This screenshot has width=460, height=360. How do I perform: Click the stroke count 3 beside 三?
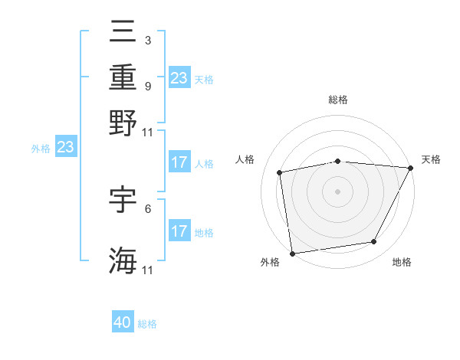coord(147,40)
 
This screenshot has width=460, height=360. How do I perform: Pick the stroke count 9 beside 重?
coord(147,86)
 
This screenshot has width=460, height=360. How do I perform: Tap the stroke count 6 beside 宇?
coord(147,208)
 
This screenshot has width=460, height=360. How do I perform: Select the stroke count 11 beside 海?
coord(147,270)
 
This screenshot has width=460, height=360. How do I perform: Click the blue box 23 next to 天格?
coord(179,77)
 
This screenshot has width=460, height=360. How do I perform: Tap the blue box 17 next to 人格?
coord(179,162)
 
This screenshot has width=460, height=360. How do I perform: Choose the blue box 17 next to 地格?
coord(179,231)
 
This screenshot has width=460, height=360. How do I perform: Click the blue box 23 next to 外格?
coord(65,147)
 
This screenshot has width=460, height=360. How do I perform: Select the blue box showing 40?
coord(123,322)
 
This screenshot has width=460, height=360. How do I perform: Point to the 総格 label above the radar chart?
coord(338,100)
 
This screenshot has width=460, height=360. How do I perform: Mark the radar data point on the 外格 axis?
coord(292,253)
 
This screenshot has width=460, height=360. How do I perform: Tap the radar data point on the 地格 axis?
coord(374,242)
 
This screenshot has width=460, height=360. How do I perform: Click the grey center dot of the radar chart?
coord(337,191)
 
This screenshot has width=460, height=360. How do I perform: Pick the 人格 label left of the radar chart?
coord(245,159)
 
